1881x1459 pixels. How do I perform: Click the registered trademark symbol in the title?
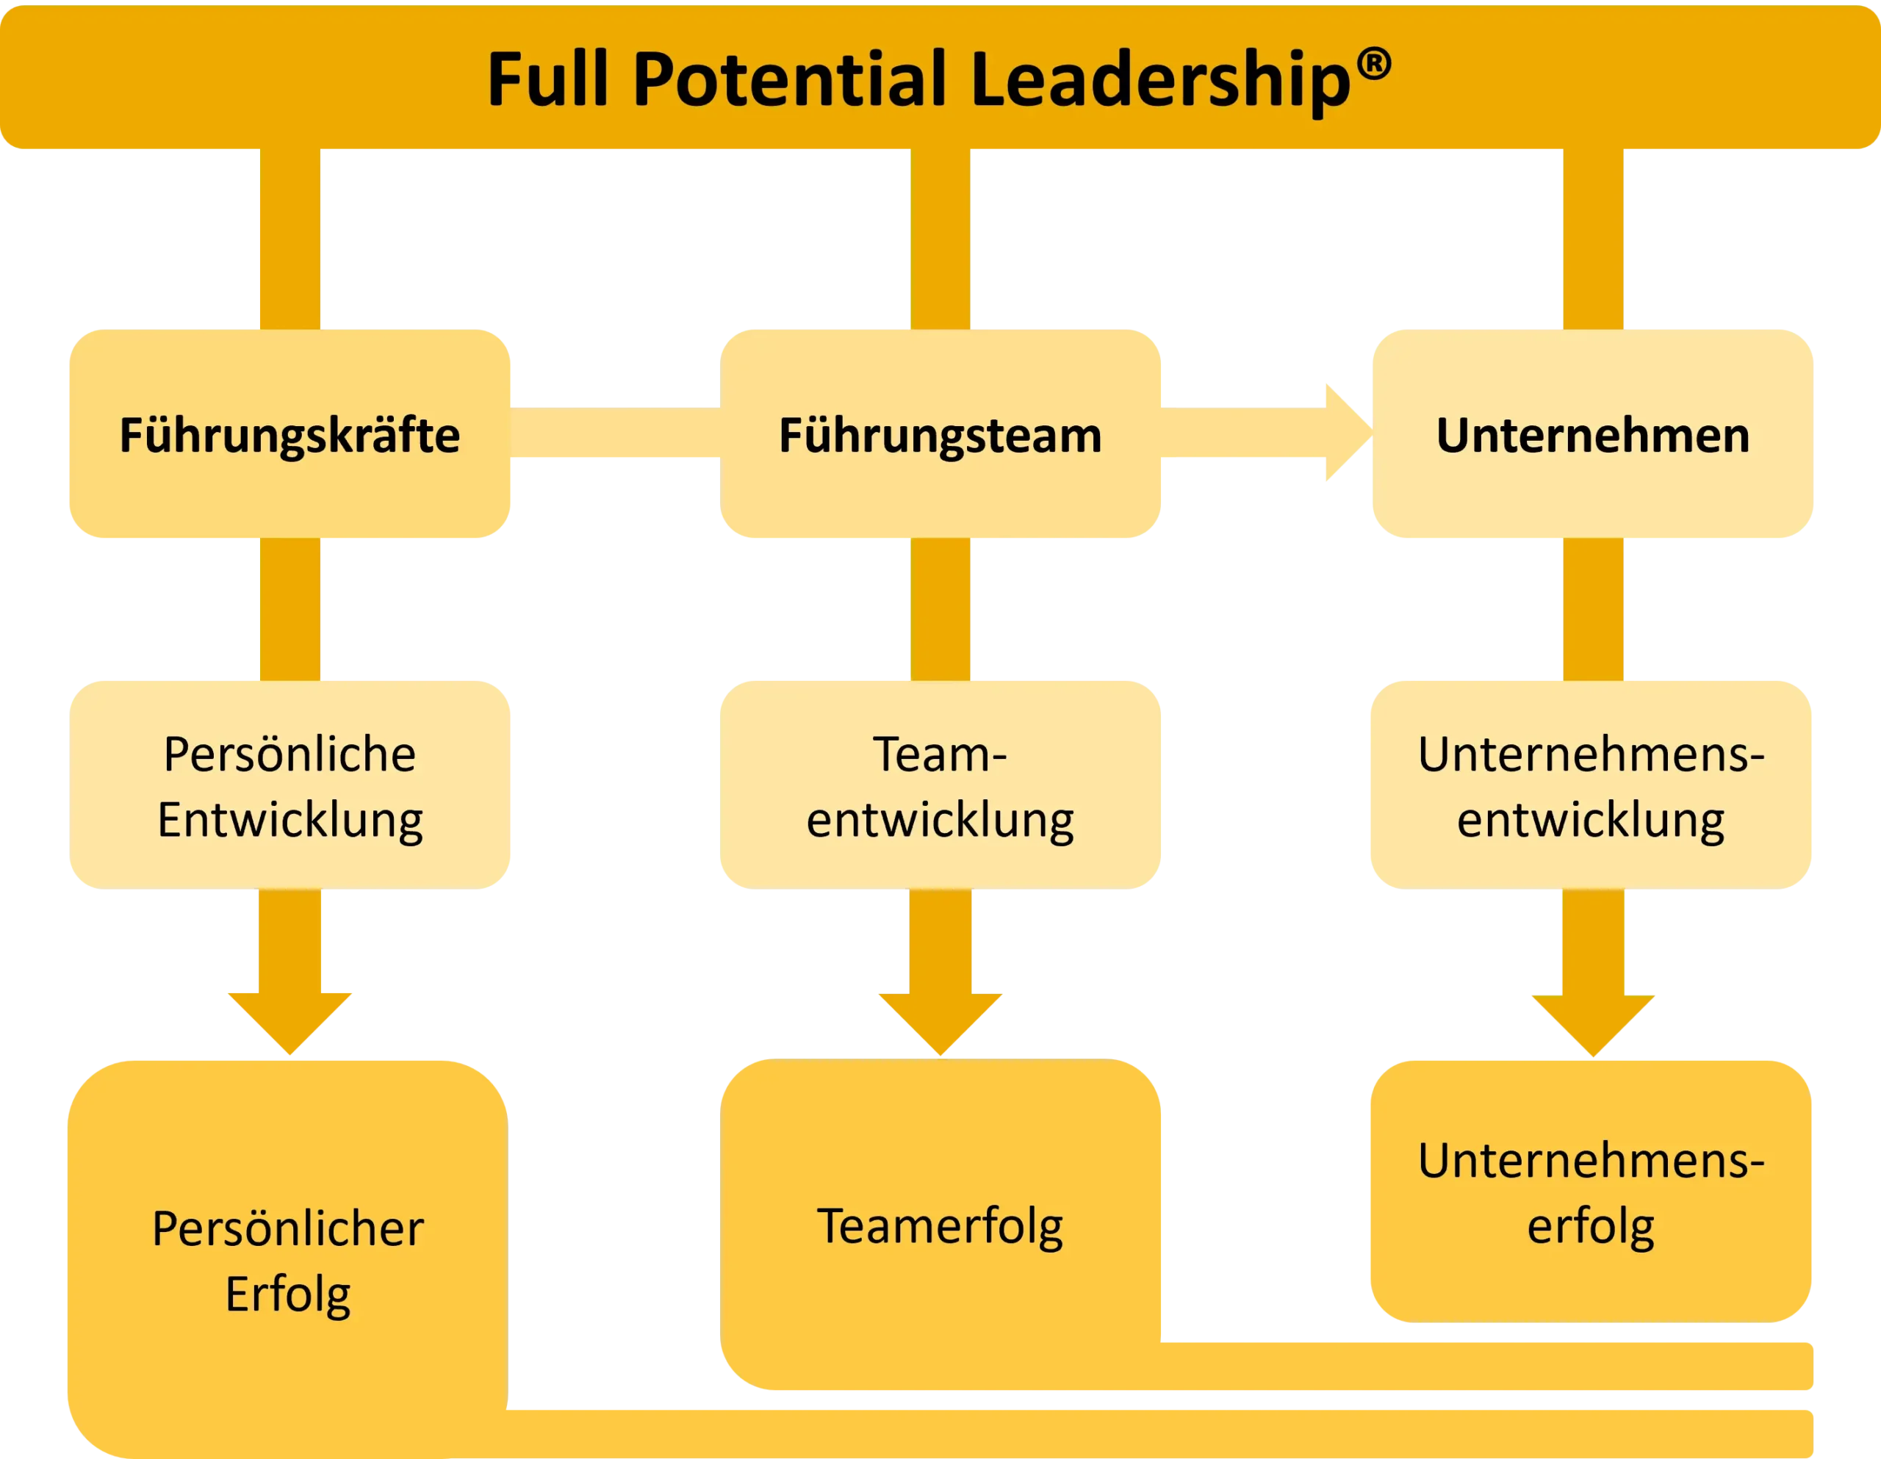pyautogui.click(x=1374, y=65)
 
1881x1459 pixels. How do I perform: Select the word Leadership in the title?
pyautogui.click(x=1161, y=83)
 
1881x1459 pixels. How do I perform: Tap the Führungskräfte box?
pyautogui.click(x=289, y=434)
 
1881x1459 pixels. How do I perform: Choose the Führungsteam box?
pyautogui.click(x=940, y=434)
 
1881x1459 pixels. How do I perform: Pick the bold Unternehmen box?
pyautogui.click(x=1592, y=434)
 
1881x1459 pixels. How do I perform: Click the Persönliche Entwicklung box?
pyautogui.click(x=289, y=785)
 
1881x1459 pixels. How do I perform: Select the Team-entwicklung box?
pyautogui.click(x=940, y=785)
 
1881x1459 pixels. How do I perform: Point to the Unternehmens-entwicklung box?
pyautogui.click(x=1591, y=785)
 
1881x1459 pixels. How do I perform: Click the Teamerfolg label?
pyautogui.click(x=940, y=1226)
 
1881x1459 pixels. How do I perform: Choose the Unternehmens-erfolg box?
pyautogui.click(x=1591, y=1191)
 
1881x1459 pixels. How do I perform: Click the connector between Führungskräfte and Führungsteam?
pyautogui.click(x=615, y=433)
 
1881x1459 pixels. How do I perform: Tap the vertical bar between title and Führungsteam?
pyautogui.click(x=940, y=239)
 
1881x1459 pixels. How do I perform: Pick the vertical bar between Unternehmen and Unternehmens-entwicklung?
pyautogui.click(x=1593, y=610)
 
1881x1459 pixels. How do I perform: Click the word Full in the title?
pyautogui.click(x=549, y=79)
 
